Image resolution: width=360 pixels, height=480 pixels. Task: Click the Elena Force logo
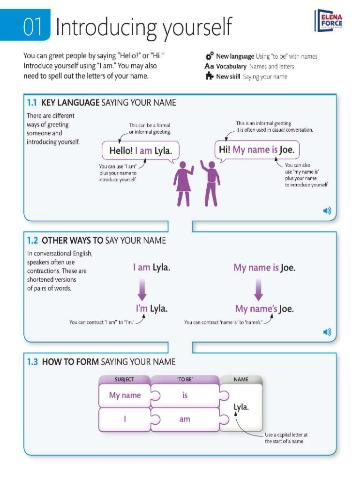pos(329,21)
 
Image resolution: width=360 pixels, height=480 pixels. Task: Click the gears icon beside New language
pos(210,56)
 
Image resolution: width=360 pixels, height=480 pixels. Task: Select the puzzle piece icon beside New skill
pos(210,76)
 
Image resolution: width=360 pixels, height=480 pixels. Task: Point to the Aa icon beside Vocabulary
pos(209,66)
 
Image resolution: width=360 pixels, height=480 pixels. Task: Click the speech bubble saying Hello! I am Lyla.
pos(141,151)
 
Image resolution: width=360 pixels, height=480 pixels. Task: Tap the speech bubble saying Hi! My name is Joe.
pos(257,150)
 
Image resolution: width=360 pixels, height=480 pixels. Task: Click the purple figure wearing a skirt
pos(183,184)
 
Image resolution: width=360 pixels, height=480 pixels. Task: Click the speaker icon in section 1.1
pos(327,211)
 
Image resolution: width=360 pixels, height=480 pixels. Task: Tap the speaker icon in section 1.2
pos(327,332)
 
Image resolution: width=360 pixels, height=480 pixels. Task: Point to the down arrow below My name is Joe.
pos(258,289)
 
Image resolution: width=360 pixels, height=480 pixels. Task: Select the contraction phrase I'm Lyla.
pos(151,308)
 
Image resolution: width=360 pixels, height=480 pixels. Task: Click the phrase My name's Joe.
pos(264,309)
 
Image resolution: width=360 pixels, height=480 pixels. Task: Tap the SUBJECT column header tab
pos(124,379)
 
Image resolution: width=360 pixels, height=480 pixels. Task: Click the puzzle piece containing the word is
pos(185,396)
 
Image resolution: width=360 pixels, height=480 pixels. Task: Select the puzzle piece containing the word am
pos(185,419)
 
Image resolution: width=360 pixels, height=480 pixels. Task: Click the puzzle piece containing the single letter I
pos(125,419)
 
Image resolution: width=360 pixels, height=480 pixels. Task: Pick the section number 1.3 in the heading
pos(32,362)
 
